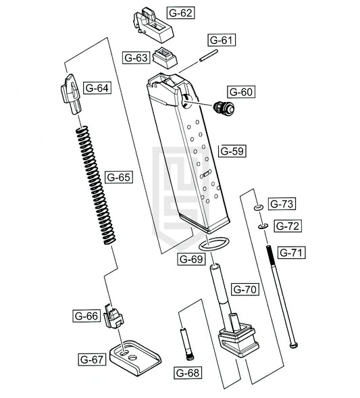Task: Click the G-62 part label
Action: (x=180, y=13)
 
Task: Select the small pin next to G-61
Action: (x=208, y=55)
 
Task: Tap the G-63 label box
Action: (x=136, y=57)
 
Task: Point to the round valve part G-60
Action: (x=224, y=107)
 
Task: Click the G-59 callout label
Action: (x=232, y=151)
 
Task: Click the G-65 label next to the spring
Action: (x=119, y=177)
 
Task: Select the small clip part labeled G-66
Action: (x=113, y=316)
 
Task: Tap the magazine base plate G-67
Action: (x=135, y=358)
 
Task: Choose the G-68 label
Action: (x=188, y=373)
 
